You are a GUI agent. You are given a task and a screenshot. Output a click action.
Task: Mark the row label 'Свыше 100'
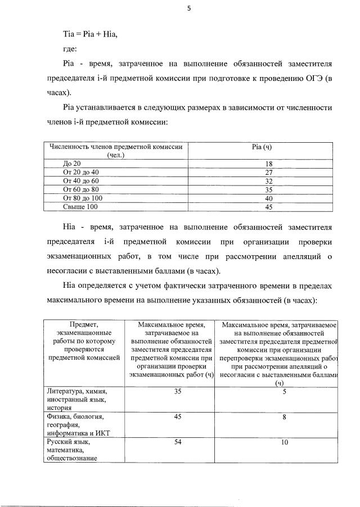(80, 207)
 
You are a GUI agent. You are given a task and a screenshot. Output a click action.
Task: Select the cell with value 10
(285, 442)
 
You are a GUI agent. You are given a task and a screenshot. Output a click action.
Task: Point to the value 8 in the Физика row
(285, 417)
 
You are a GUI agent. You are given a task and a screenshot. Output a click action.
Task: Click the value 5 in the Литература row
(285, 391)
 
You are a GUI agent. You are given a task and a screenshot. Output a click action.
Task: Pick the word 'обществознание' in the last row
(72, 458)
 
